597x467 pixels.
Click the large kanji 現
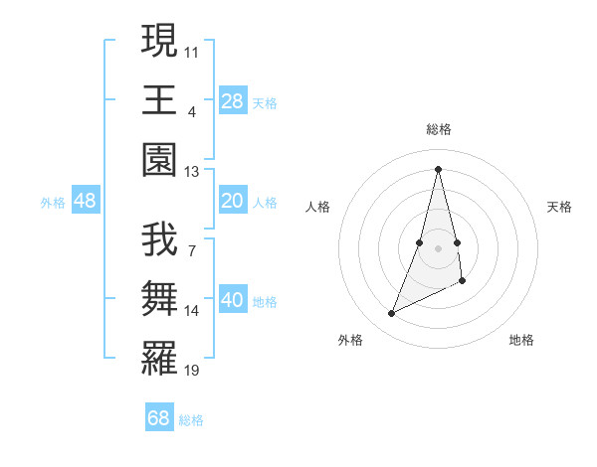point(159,42)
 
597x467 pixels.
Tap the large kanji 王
point(159,100)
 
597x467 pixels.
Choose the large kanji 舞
point(159,298)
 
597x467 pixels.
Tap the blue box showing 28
point(233,100)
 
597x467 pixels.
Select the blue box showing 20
point(233,201)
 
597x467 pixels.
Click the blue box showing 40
point(233,299)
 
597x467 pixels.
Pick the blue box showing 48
point(86,201)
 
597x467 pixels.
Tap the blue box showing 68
point(159,417)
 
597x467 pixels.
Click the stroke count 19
point(192,371)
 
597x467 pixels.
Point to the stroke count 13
point(192,172)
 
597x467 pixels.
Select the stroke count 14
point(192,311)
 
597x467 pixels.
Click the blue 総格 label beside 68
point(191,420)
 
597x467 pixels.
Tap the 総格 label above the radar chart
point(438,129)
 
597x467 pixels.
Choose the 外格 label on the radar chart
point(350,340)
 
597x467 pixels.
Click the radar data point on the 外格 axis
point(391,314)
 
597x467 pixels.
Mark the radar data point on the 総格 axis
point(438,168)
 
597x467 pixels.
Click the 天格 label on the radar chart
point(559,207)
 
